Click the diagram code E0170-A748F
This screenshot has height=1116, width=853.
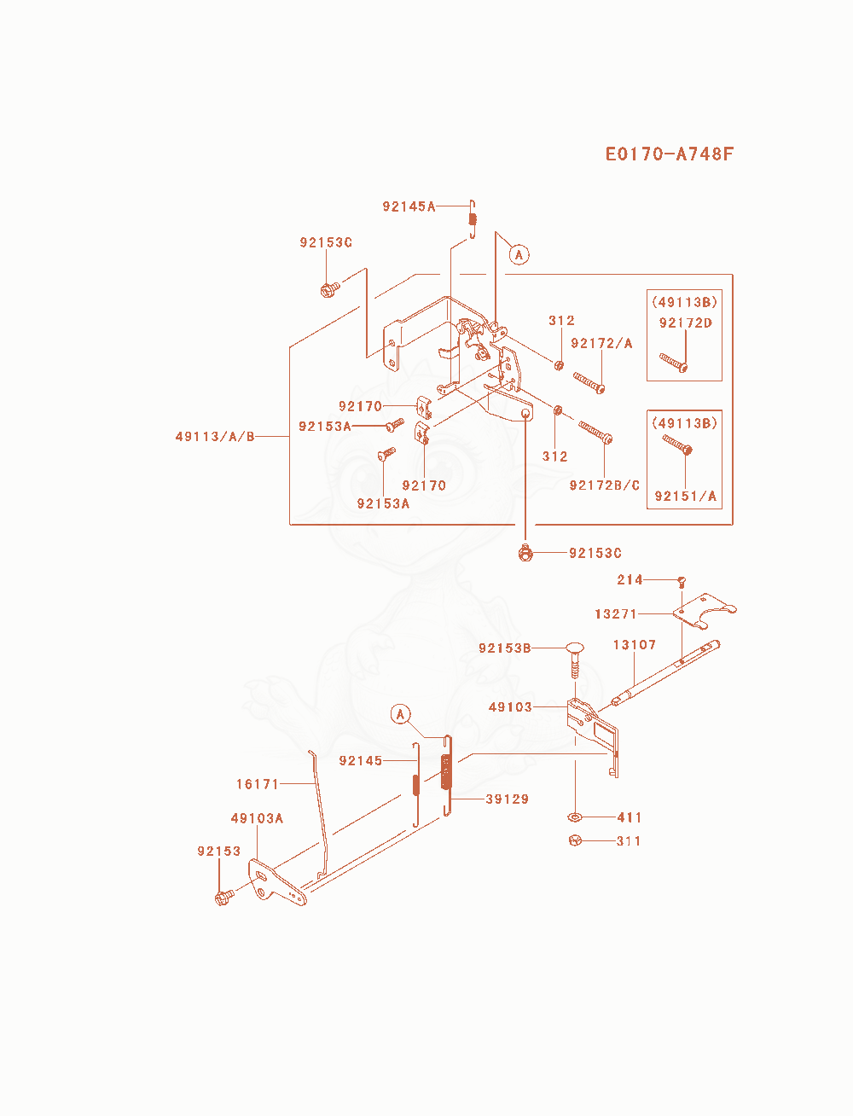pyautogui.click(x=669, y=154)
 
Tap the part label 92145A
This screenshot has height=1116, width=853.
pyautogui.click(x=409, y=206)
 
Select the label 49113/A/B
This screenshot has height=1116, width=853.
pyautogui.click(x=214, y=436)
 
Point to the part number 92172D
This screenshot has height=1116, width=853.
pyautogui.click(x=685, y=323)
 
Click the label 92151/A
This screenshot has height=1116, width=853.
pyautogui.click(x=685, y=496)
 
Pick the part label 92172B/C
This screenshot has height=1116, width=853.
pyautogui.click(x=605, y=485)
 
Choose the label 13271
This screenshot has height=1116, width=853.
pyautogui.click(x=616, y=613)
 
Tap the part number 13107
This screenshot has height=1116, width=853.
pyautogui.click(x=635, y=645)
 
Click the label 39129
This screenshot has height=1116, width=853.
pyautogui.click(x=507, y=799)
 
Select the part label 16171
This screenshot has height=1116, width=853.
pyautogui.click(x=258, y=784)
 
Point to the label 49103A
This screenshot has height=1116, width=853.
pyautogui.click(x=257, y=818)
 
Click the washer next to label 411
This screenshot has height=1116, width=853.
pyautogui.click(x=574, y=817)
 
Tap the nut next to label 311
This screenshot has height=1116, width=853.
pyautogui.click(x=575, y=840)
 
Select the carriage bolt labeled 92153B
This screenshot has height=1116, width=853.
pyautogui.click(x=575, y=660)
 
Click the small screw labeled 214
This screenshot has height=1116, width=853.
pyautogui.click(x=682, y=582)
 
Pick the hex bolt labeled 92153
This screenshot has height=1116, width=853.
pyautogui.click(x=224, y=898)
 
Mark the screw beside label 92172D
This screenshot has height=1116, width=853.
pyautogui.click(x=674, y=363)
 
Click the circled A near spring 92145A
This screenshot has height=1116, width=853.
pyautogui.click(x=519, y=254)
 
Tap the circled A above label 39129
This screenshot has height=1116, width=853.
pyautogui.click(x=401, y=714)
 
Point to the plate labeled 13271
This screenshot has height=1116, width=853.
pyautogui.click(x=704, y=610)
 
